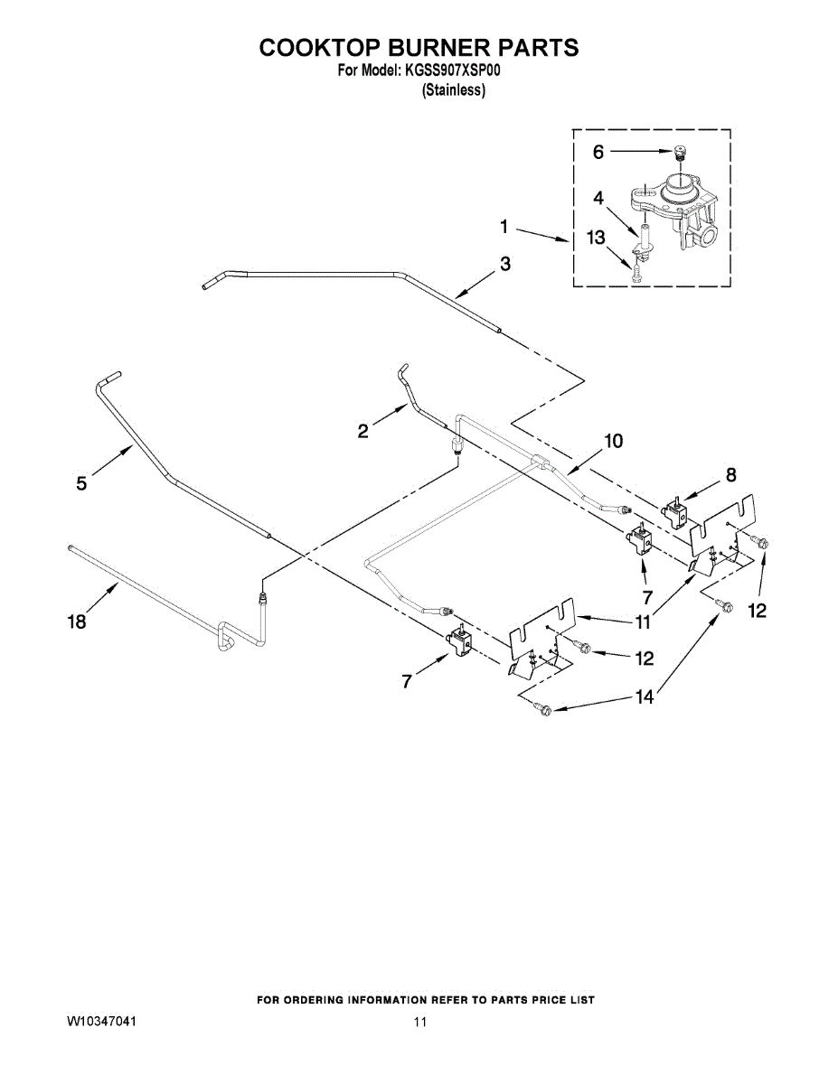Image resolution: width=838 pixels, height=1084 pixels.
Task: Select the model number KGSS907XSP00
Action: point(448,70)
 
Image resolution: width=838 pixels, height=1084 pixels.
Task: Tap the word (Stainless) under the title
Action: point(454,90)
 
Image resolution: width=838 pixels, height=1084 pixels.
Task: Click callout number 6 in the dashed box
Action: point(598,153)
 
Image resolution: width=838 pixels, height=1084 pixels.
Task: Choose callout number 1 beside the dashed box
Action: point(505,228)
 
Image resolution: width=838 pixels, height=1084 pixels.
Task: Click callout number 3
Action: point(504,264)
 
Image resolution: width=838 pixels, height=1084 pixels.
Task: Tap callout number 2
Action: point(363,431)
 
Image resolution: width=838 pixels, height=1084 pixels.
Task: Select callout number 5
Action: point(82,483)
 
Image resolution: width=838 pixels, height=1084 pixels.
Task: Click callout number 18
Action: point(79,621)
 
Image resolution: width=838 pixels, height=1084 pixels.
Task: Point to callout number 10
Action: point(613,441)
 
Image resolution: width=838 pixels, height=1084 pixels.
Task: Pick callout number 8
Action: point(730,474)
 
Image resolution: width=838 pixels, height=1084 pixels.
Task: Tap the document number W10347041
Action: point(101,1022)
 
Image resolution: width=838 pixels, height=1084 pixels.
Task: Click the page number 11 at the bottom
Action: point(419,1023)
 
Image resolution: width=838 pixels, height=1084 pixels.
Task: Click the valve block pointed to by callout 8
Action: point(673,513)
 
